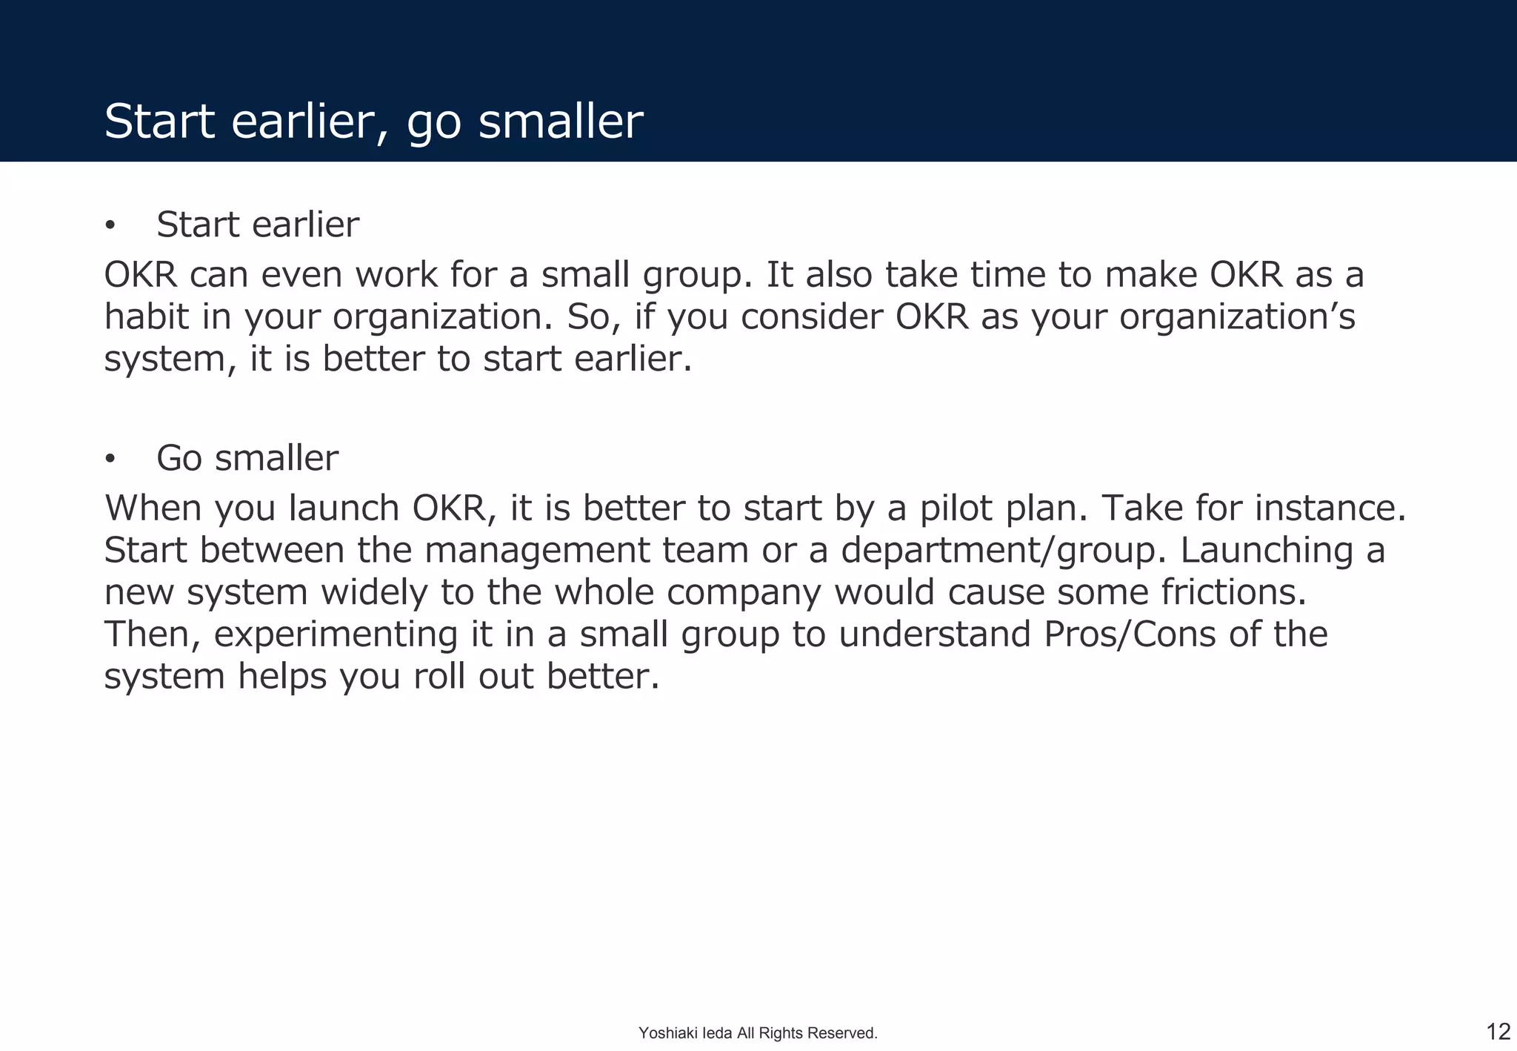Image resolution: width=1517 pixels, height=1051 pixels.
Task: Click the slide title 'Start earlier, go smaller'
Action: point(373,122)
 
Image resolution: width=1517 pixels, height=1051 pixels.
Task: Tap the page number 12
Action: point(1498,1031)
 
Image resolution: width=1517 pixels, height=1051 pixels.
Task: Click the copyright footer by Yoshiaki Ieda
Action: point(758,1032)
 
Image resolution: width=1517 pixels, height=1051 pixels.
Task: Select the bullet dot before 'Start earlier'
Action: point(110,225)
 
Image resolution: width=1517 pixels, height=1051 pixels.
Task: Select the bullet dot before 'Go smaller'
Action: point(110,460)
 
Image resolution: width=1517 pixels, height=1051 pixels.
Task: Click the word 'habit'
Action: point(146,317)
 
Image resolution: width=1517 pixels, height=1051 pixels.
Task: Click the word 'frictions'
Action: point(1228,593)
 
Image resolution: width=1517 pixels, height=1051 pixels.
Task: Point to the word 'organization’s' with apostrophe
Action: point(1236,317)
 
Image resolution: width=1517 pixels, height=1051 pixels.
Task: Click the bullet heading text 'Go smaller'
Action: point(247,458)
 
